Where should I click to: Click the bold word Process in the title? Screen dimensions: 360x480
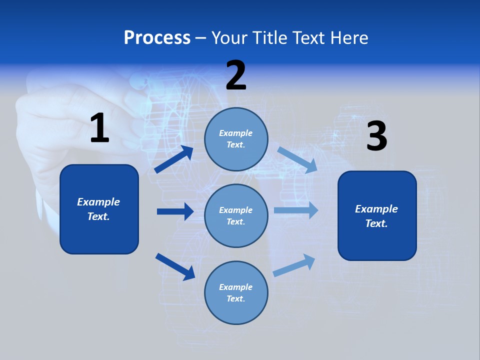tap(157, 38)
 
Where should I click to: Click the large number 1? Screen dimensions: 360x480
tap(99, 128)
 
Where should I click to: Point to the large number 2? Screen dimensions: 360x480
tap(236, 75)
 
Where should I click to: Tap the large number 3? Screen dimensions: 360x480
tap(376, 136)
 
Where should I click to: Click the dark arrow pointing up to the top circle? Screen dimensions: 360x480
tap(174, 159)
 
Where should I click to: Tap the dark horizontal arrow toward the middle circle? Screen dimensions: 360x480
tap(175, 211)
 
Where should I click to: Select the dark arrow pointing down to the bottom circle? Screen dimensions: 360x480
tap(175, 266)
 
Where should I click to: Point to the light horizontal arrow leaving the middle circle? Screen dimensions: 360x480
tap(296, 210)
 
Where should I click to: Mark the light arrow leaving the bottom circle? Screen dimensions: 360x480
tap(294, 265)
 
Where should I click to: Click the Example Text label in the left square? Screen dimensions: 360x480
tap(98, 209)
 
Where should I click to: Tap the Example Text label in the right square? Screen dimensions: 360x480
tap(376, 216)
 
